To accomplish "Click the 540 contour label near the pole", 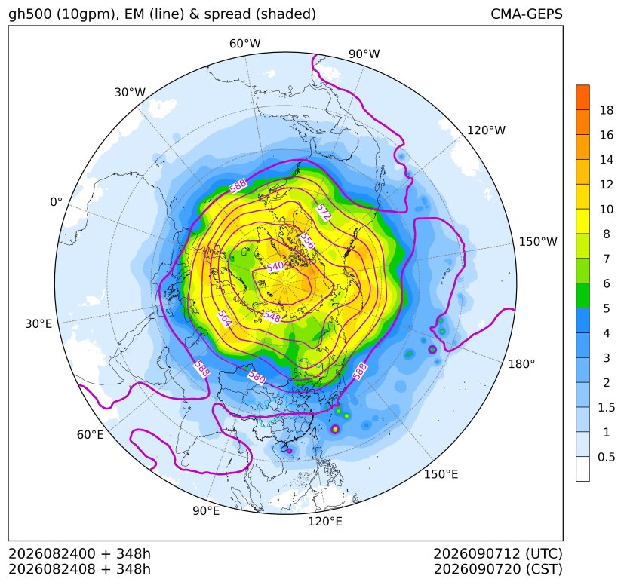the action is pyautogui.click(x=275, y=267).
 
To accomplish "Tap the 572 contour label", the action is pyautogui.click(x=324, y=213).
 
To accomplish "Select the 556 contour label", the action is pyautogui.click(x=307, y=240).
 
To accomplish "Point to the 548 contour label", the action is pyautogui.click(x=272, y=317).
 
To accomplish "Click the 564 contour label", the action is pyautogui.click(x=224, y=319).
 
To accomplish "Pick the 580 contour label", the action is pyautogui.click(x=257, y=377).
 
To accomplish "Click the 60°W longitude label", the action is pyautogui.click(x=244, y=44).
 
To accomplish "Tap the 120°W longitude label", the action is pyautogui.click(x=486, y=130).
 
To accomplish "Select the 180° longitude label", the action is pyautogui.click(x=521, y=363).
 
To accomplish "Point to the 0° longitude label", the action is pyautogui.click(x=56, y=202).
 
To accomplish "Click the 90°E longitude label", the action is pyautogui.click(x=206, y=510).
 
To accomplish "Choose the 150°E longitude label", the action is pyautogui.click(x=441, y=474).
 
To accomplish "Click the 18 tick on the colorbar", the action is pyautogui.click(x=607, y=110).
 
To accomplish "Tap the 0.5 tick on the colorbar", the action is pyautogui.click(x=606, y=457).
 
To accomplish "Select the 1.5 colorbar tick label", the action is pyautogui.click(x=606, y=407).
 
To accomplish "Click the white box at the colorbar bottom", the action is pyautogui.click(x=583, y=469).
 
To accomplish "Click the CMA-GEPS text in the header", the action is pyautogui.click(x=527, y=14).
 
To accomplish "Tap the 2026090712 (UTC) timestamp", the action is pyautogui.click(x=497, y=553).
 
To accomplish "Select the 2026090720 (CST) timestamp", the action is pyautogui.click(x=498, y=569).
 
